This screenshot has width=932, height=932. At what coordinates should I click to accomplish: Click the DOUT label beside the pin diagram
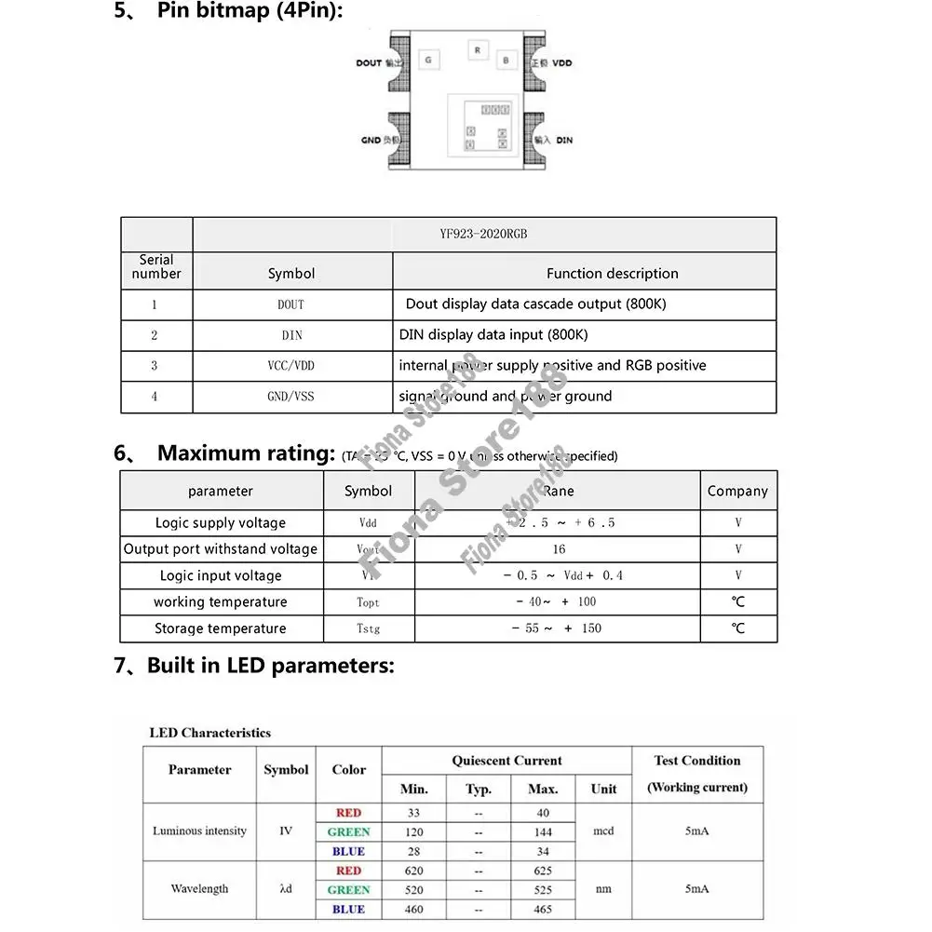click(369, 63)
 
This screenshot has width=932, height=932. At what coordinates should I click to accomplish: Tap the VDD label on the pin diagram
click(562, 63)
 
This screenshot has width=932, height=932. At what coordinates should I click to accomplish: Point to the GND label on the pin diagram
click(371, 141)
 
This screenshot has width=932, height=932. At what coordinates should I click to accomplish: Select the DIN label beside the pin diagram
click(564, 141)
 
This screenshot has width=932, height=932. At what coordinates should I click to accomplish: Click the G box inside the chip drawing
click(428, 61)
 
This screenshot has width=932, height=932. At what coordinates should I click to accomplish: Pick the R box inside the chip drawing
click(478, 49)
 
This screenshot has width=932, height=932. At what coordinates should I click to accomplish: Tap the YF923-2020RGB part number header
click(483, 235)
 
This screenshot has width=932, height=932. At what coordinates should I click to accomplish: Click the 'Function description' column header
click(612, 274)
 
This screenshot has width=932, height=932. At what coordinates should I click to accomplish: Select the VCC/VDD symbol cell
click(291, 366)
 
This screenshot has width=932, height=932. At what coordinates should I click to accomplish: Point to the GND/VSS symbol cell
click(291, 397)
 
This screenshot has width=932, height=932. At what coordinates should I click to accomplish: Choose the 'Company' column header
click(737, 491)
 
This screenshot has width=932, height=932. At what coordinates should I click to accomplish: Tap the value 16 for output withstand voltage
click(559, 549)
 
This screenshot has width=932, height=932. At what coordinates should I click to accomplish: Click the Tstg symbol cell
click(369, 628)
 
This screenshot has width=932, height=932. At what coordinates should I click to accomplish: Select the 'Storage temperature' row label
click(221, 628)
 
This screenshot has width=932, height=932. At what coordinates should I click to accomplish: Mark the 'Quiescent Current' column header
click(507, 761)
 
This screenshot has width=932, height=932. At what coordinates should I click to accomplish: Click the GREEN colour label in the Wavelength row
click(348, 890)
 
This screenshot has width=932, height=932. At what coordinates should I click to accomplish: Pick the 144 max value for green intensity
click(543, 832)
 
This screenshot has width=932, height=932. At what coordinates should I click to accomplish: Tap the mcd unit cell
click(603, 831)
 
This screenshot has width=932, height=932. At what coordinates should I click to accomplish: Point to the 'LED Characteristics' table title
click(209, 733)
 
